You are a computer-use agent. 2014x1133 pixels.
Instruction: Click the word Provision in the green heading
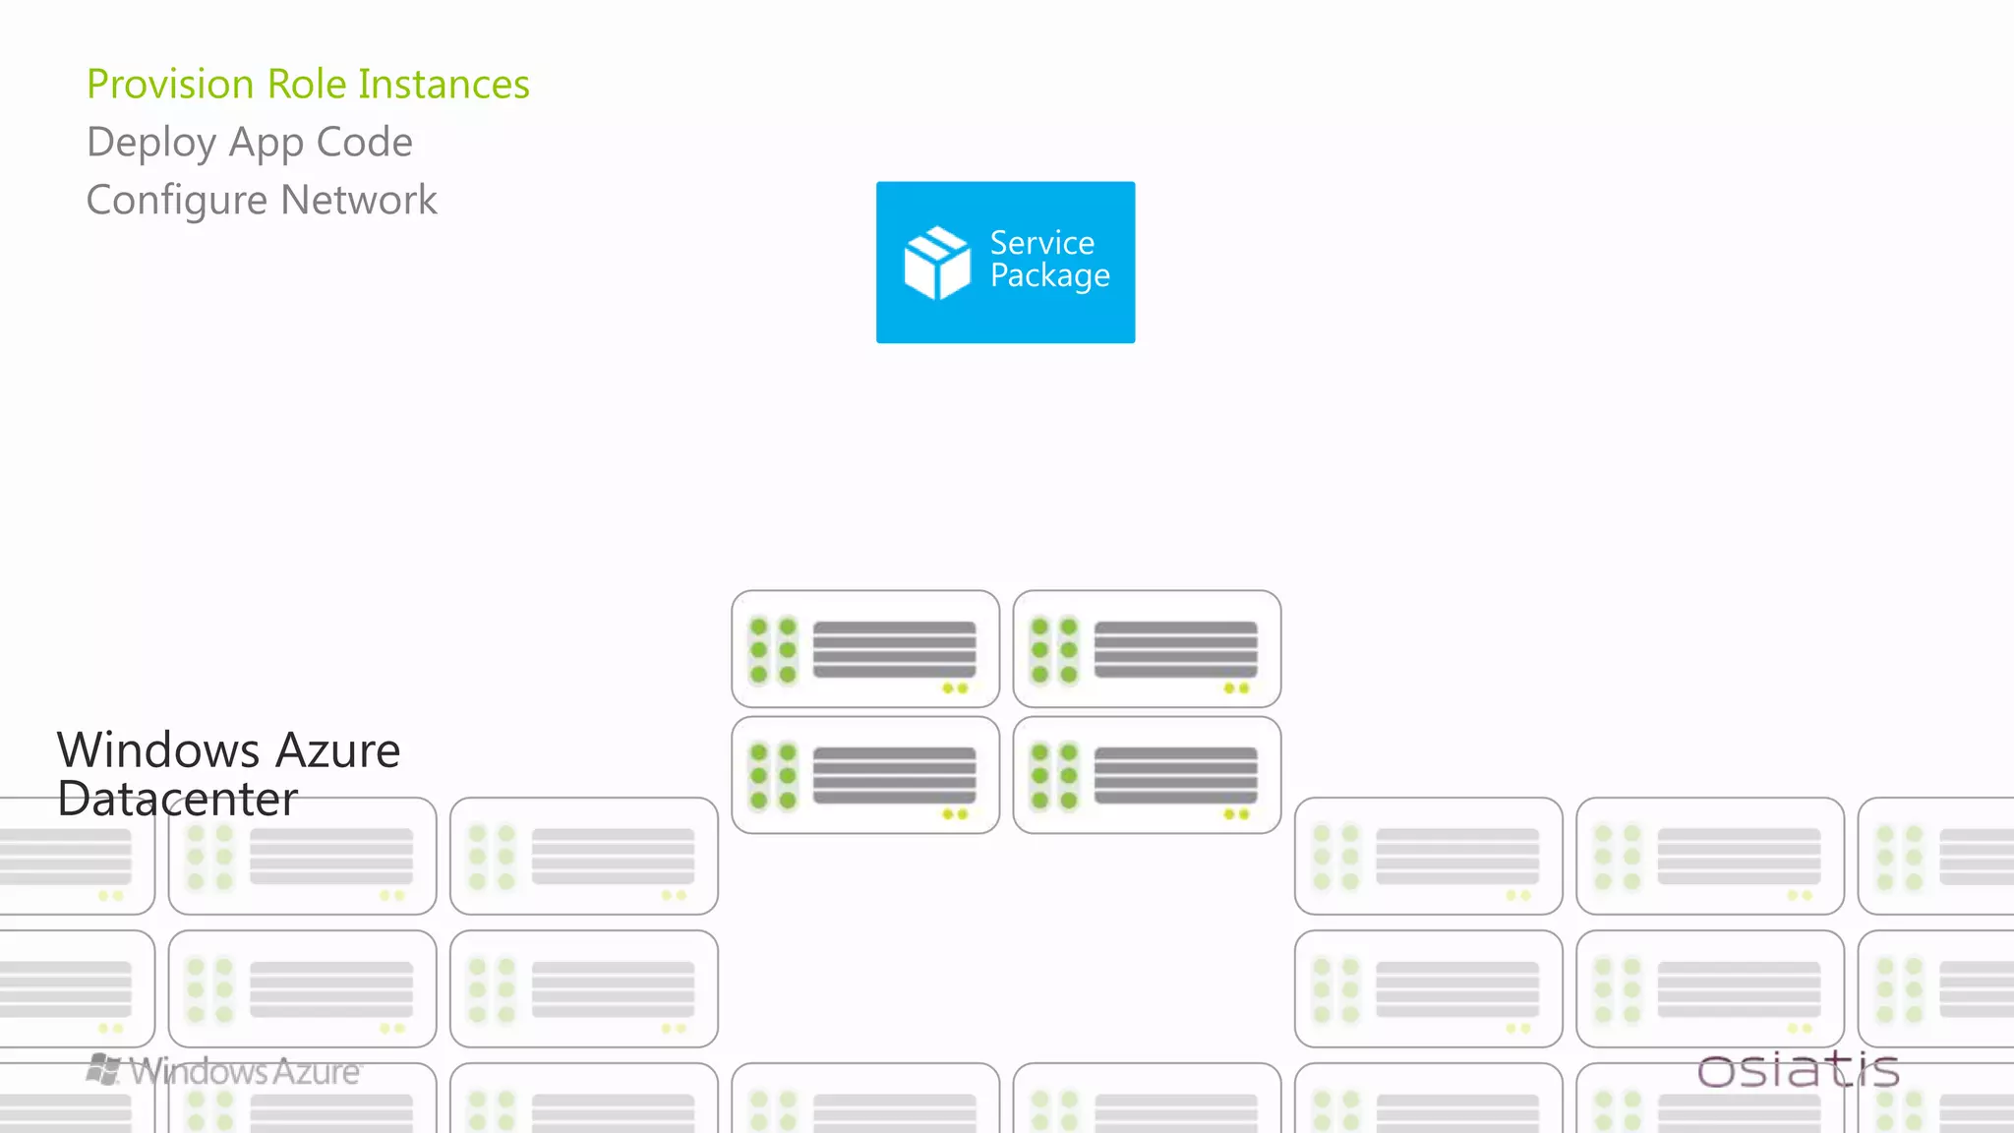point(171,85)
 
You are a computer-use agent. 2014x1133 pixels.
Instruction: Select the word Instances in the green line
point(444,85)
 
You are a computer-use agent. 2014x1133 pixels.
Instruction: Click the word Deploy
point(151,143)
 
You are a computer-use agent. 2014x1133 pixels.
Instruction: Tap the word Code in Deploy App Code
point(364,143)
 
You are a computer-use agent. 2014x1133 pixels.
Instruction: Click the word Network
point(359,201)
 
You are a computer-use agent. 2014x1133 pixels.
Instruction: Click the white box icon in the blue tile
point(936,263)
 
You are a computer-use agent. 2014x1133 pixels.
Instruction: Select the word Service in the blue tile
point(1041,243)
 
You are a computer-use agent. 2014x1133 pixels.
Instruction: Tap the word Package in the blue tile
point(1049,276)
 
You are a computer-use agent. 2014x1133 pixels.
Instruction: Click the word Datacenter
point(177,799)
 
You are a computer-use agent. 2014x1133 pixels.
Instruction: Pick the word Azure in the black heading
point(337,750)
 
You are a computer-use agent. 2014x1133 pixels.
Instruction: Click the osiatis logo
point(1798,1070)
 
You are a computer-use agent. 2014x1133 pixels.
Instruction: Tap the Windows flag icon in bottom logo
point(103,1069)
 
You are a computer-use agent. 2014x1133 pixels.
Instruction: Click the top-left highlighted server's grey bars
point(894,649)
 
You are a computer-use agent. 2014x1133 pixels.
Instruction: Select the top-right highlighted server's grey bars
point(1175,649)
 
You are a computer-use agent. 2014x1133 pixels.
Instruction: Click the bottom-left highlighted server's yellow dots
point(955,814)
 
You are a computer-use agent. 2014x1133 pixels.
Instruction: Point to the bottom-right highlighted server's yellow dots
point(1236,814)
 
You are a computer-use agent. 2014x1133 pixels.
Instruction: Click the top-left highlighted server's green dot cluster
point(773,650)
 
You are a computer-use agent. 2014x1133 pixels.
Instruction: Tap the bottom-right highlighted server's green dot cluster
point(1054,776)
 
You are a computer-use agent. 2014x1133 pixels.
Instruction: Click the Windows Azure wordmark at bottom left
point(245,1071)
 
